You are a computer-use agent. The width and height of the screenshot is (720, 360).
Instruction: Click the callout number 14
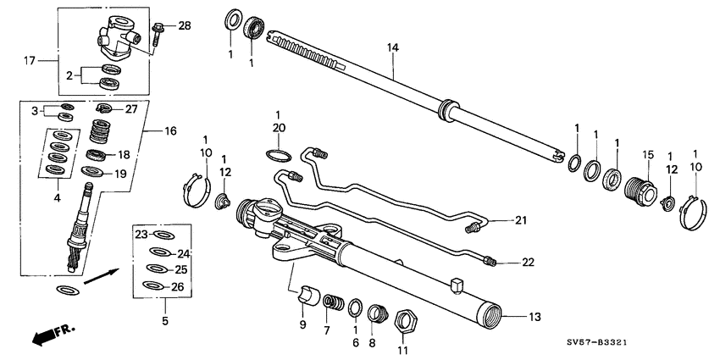click(x=392, y=48)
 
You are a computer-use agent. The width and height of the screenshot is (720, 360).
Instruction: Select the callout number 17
click(x=30, y=60)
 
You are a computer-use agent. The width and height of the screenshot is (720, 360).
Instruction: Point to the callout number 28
click(x=184, y=26)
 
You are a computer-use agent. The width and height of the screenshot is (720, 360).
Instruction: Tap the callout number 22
click(x=528, y=263)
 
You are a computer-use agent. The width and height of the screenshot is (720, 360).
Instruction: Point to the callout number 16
click(x=170, y=131)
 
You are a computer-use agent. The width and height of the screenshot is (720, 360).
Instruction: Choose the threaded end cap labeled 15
click(x=638, y=191)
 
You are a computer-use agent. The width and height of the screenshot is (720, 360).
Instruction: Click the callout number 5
click(x=164, y=322)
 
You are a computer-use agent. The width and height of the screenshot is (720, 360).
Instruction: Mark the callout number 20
click(x=277, y=128)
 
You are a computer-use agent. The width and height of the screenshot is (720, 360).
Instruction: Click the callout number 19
click(x=120, y=174)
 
